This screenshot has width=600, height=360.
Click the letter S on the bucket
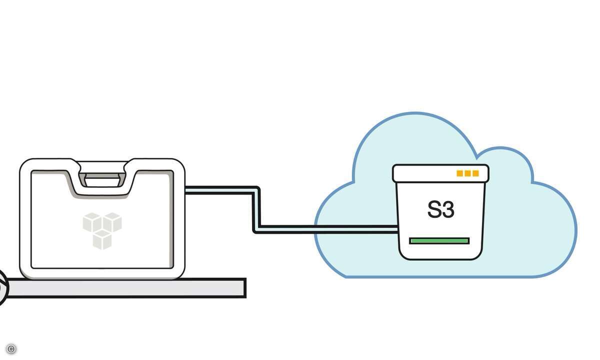pos(434,210)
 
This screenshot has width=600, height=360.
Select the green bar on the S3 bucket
pos(439,240)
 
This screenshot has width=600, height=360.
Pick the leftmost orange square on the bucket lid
pos(459,173)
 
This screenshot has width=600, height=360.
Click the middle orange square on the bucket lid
pos(467,173)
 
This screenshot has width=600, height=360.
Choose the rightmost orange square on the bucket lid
pos(475,173)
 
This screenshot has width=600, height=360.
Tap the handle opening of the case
pos(101,179)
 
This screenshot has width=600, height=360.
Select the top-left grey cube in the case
pos(92,222)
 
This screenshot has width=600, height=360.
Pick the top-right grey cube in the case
pos(112,222)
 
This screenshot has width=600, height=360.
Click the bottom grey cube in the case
pos(102,239)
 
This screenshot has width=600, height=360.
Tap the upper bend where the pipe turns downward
pos(256,190)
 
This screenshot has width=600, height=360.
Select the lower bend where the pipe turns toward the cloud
pos(257,229)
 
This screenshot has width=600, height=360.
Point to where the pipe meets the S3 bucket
pos(397,229)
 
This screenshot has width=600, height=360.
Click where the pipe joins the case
pos(186,190)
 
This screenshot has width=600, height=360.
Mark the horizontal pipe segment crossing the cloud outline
pos(316,229)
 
